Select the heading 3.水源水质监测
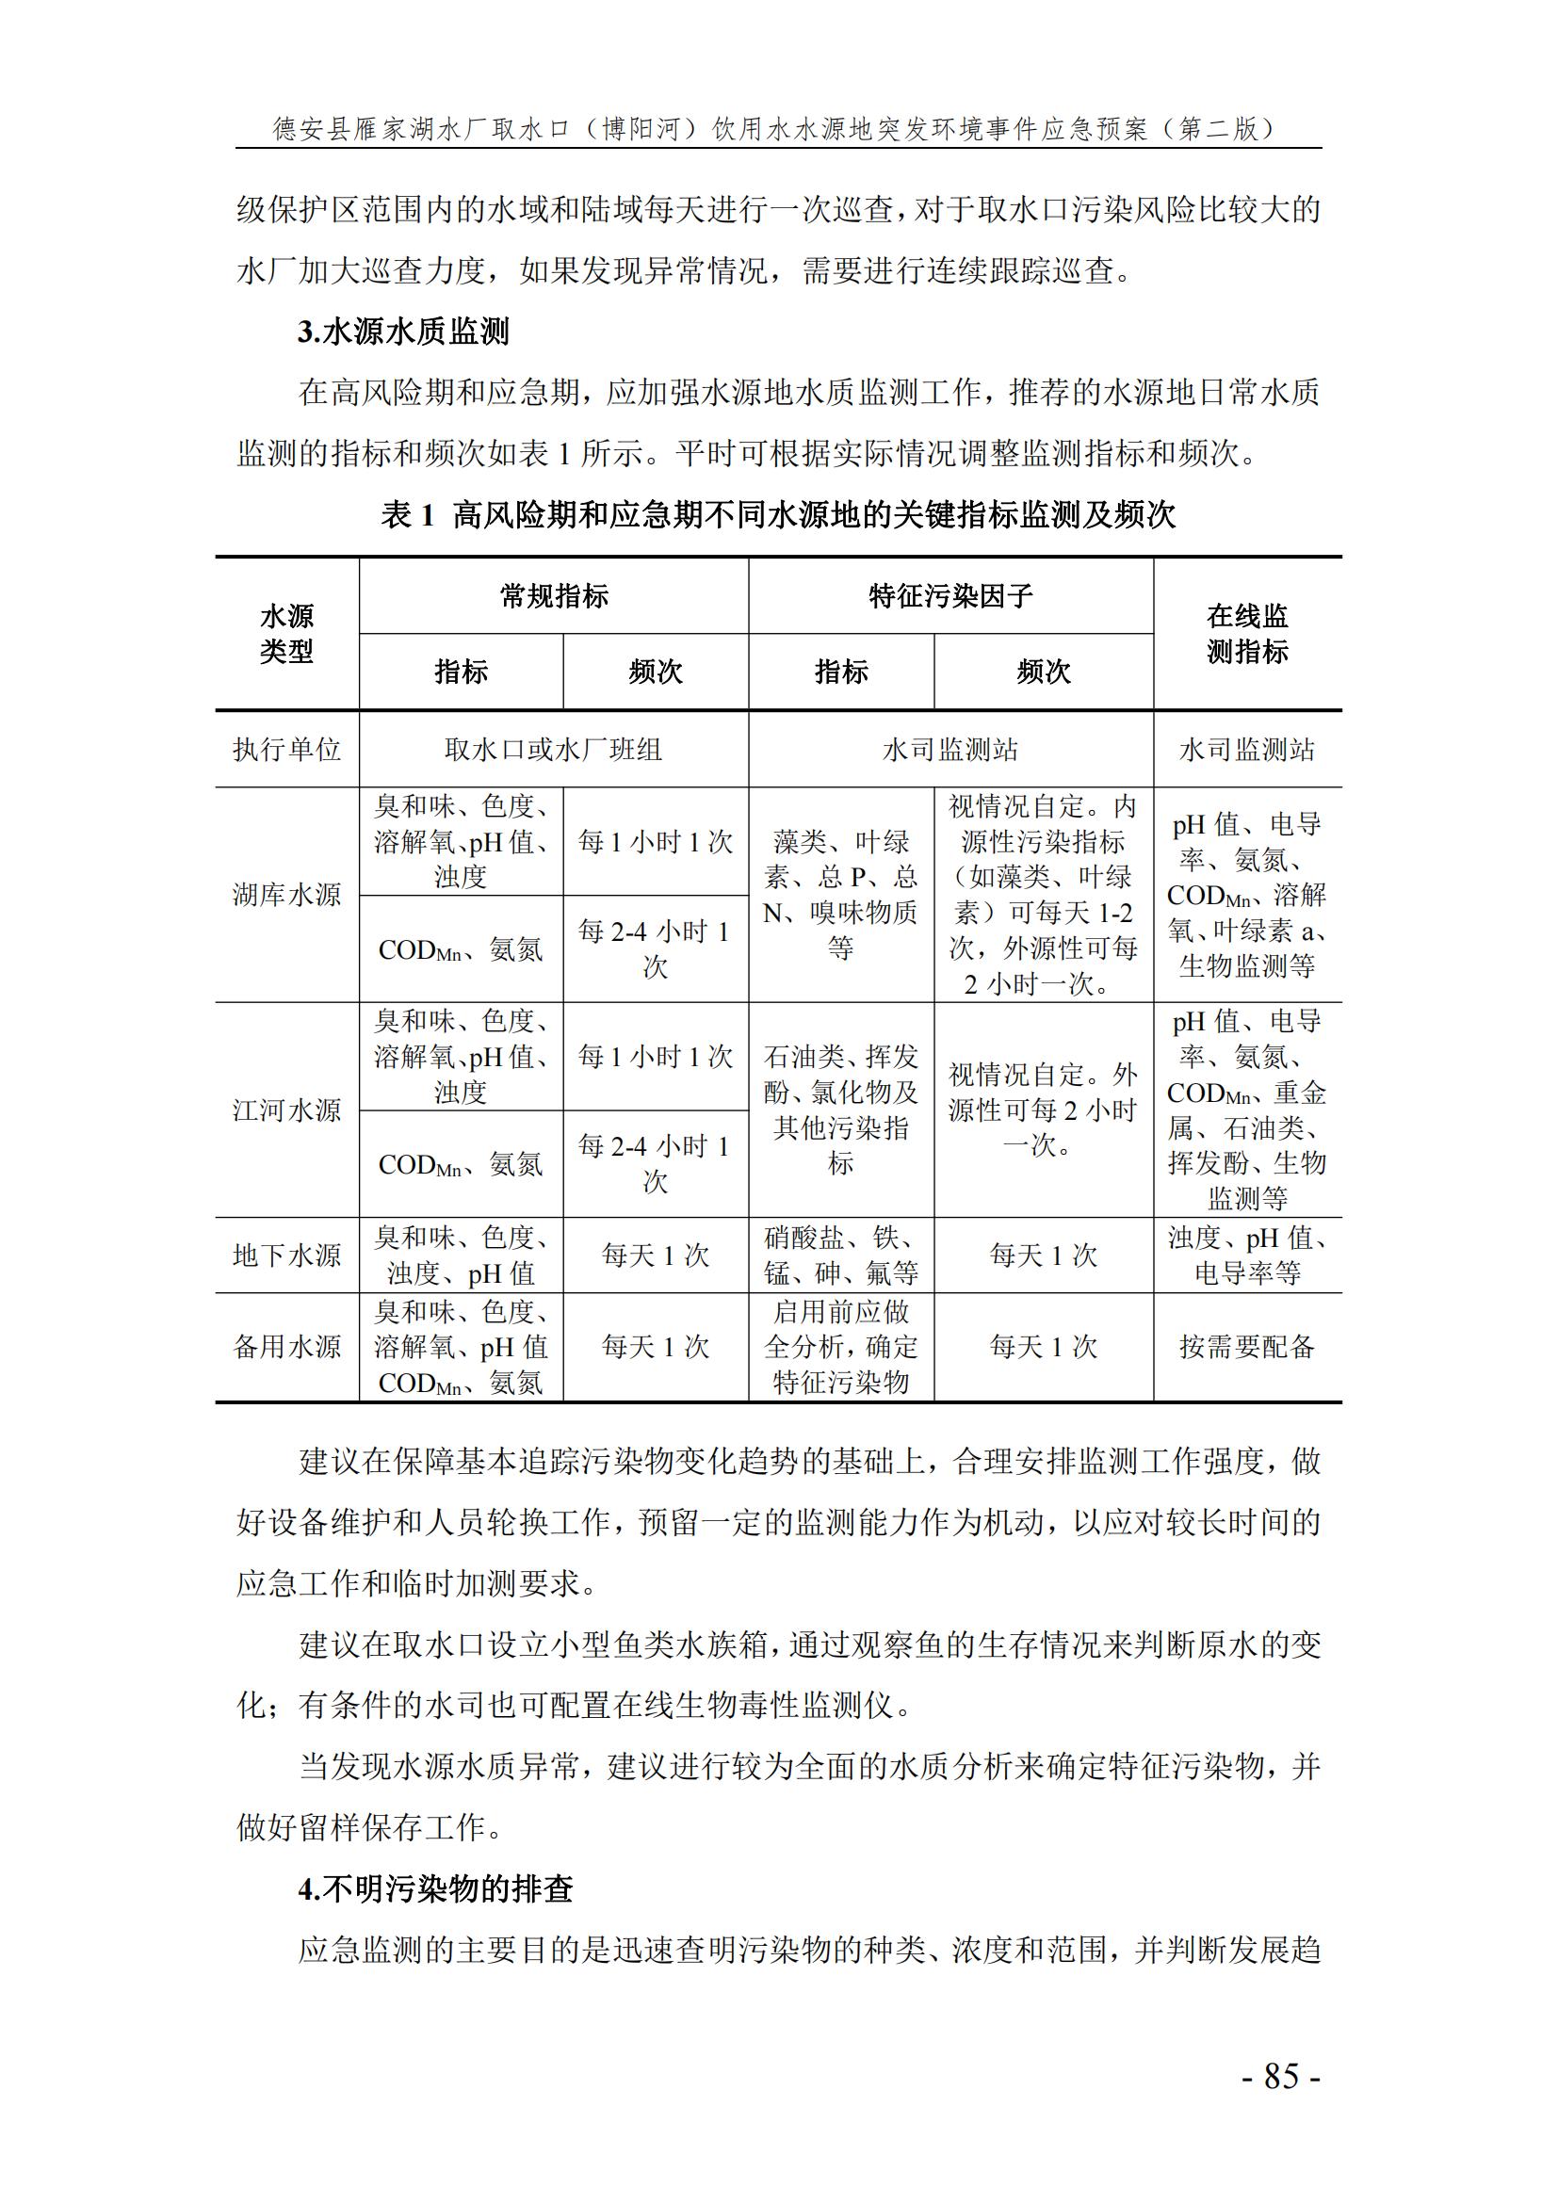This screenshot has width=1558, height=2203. (x=403, y=332)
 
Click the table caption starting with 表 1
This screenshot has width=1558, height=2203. (x=778, y=515)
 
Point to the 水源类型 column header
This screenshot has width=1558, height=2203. (x=287, y=633)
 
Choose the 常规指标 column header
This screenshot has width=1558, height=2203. (x=554, y=596)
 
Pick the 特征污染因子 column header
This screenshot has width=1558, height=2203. (x=949, y=596)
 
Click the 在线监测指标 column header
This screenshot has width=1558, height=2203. (x=1246, y=633)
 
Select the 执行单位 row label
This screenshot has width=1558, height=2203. (x=287, y=750)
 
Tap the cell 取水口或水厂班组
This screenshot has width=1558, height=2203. (x=554, y=750)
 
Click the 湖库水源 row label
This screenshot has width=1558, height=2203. (x=287, y=895)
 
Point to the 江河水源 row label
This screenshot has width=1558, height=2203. (x=287, y=1110)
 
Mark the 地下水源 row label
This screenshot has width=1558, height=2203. (x=287, y=1255)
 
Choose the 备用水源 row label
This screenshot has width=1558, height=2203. (x=287, y=1346)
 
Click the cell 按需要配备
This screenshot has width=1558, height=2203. (x=1246, y=1346)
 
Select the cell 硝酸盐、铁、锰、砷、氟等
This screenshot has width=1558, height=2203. (x=840, y=1255)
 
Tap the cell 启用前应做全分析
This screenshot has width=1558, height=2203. (x=840, y=1346)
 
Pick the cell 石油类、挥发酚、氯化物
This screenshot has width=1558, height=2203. (x=840, y=1110)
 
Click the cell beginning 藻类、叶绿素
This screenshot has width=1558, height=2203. (x=840, y=895)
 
